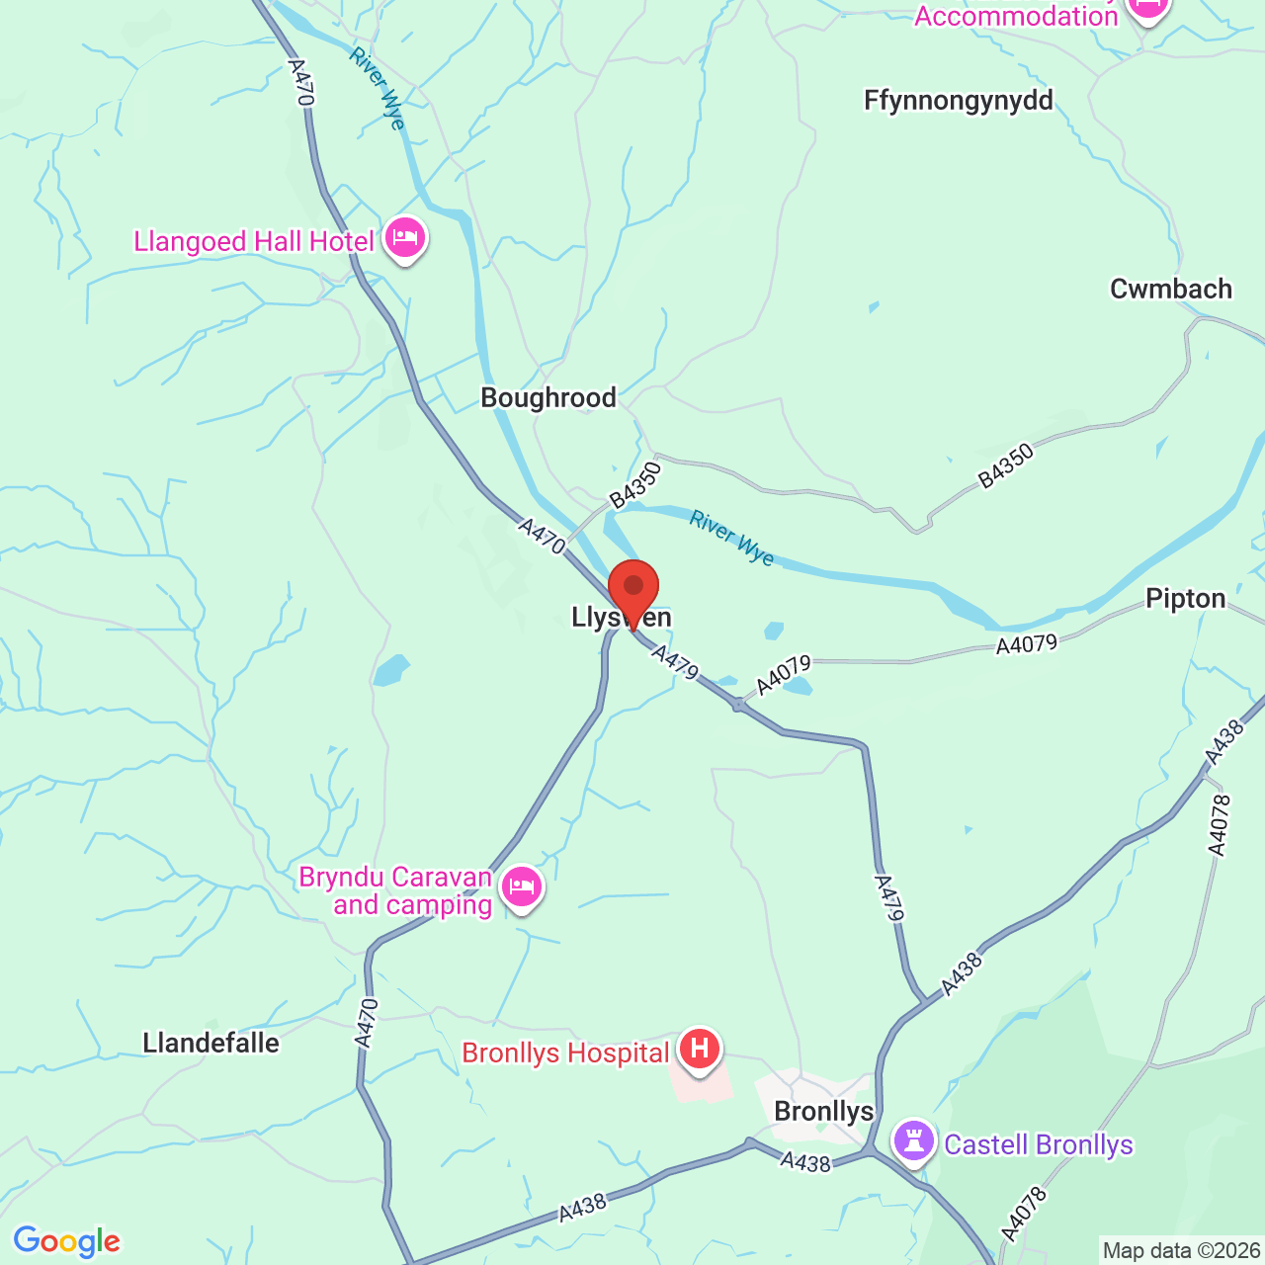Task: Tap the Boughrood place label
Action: coord(548,398)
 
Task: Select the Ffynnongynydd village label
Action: coord(959,101)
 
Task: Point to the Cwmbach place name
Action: coord(1171,290)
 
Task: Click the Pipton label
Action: coord(1186,599)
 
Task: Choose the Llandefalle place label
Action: coord(211,1044)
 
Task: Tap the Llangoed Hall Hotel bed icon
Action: coord(405,238)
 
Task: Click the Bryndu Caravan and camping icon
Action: coord(522,886)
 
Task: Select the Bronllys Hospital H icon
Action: coord(700,1048)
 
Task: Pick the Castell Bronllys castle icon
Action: coord(914,1141)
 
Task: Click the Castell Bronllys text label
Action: coord(1039,1145)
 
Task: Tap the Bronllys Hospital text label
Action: coord(566,1054)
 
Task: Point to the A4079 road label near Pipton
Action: coord(1027,645)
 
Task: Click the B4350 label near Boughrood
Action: coord(634,485)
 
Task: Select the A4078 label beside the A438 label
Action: coord(1220,824)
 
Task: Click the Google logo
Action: coord(67,1241)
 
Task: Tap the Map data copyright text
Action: coord(1182,1251)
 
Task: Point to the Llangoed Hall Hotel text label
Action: coord(254,242)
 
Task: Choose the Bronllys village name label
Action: coord(824,1112)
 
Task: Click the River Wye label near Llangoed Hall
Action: coord(378,88)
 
